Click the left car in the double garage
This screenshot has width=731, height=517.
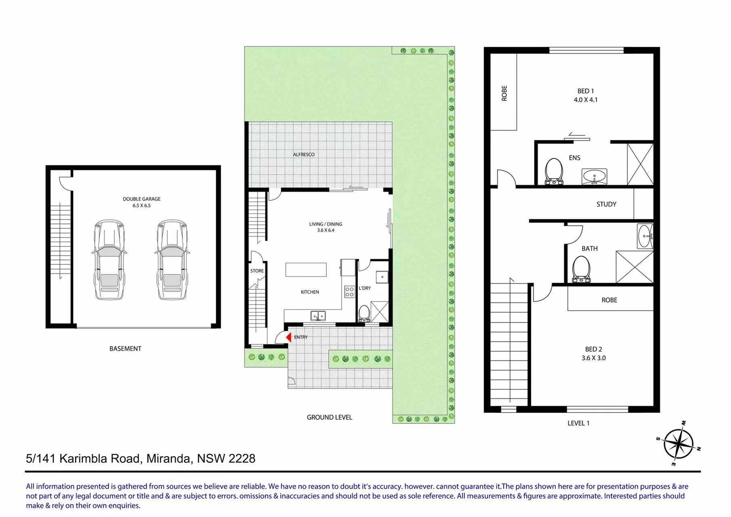(x=110, y=260)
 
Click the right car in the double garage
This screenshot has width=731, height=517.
(x=172, y=260)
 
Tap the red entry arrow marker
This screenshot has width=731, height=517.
(x=288, y=337)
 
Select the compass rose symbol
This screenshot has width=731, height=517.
(x=678, y=444)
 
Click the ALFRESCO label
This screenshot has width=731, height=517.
(x=304, y=155)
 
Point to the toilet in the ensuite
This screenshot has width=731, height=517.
(x=554, y=171)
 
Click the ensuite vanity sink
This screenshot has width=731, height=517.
(x=594, y=176)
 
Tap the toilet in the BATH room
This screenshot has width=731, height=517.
(x=581, y=269)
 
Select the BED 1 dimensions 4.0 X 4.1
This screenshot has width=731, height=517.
(x=586, y=100)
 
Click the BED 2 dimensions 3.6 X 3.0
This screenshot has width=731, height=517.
(x=593, y=358)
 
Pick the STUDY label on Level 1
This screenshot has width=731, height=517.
(x=606, y=204)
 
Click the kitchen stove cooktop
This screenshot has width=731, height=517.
(x=349, y=292)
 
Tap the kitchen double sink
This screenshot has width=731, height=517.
(x=318, y=315)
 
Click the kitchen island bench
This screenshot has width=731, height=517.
(x=306, y=270)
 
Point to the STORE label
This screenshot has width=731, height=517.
(x=257, y=271)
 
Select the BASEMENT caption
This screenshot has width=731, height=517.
(x=125, y=349)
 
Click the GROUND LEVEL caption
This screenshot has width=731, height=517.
(x=329, y=417)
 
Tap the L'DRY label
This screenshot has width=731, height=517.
(x=365, y=288)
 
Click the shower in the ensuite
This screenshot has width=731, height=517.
(x=640, y=164)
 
